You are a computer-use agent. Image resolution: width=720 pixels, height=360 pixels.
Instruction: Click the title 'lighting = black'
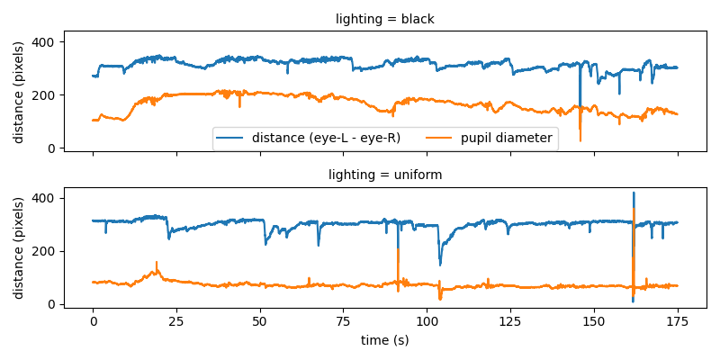coord(385,19)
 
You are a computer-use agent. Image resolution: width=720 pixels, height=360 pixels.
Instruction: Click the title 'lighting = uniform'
coord(385,175)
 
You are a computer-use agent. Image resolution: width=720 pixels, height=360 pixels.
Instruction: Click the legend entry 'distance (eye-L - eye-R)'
coord(326,138)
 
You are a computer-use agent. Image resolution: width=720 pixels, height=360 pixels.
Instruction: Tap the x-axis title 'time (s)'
coord(385,340)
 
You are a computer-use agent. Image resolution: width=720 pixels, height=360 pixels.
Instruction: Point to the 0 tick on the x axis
coord(93,320)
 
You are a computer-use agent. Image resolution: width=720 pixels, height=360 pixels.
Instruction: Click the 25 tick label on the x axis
coord(176,320)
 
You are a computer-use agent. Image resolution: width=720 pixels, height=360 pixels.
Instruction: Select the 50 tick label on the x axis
coord(260,320)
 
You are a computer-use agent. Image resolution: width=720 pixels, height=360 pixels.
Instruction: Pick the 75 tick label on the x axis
coord(344,320)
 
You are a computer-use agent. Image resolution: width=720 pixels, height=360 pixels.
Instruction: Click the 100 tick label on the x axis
coord(427,320)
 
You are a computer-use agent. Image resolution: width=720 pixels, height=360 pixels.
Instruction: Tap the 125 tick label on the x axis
coord(510,320)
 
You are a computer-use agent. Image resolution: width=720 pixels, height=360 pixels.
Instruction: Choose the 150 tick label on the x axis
coord(594,320)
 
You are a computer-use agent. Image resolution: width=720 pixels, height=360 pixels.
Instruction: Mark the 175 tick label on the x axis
coord(678,320)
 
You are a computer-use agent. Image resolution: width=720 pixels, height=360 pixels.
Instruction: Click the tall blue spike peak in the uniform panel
coord(633,193)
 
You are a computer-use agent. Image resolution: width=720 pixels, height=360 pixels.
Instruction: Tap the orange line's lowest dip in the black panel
coord(580,140)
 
